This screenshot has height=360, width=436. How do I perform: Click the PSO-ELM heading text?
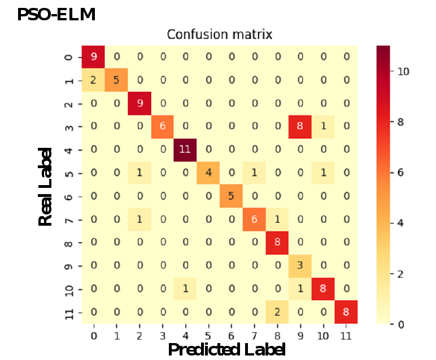[x=56, y=14]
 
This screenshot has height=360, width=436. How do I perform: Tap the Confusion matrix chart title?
[x=219, y=34]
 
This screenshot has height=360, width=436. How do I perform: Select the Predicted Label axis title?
[x=226, y=349]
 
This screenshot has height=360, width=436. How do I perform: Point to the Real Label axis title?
[x=45, y=187]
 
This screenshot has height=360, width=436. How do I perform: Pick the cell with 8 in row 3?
[x=300, y=126]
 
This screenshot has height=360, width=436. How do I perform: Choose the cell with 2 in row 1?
[x=94, y=80]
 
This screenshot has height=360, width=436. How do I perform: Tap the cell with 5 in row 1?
[x=117, y=80]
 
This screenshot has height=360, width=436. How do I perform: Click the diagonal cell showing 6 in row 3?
[x=163, y=126]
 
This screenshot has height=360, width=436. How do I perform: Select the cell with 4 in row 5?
[x=208, y=173]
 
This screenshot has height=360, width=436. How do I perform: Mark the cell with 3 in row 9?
[x=300, y=266]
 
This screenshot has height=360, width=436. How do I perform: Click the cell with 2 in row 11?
[x=277, y=312]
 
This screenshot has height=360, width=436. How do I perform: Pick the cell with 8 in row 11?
[x=346, y=312]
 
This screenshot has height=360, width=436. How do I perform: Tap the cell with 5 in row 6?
[x=231, y=196]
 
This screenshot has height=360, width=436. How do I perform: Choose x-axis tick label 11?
[x=346, y=335]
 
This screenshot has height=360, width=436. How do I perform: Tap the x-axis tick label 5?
[x=208, y=335]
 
